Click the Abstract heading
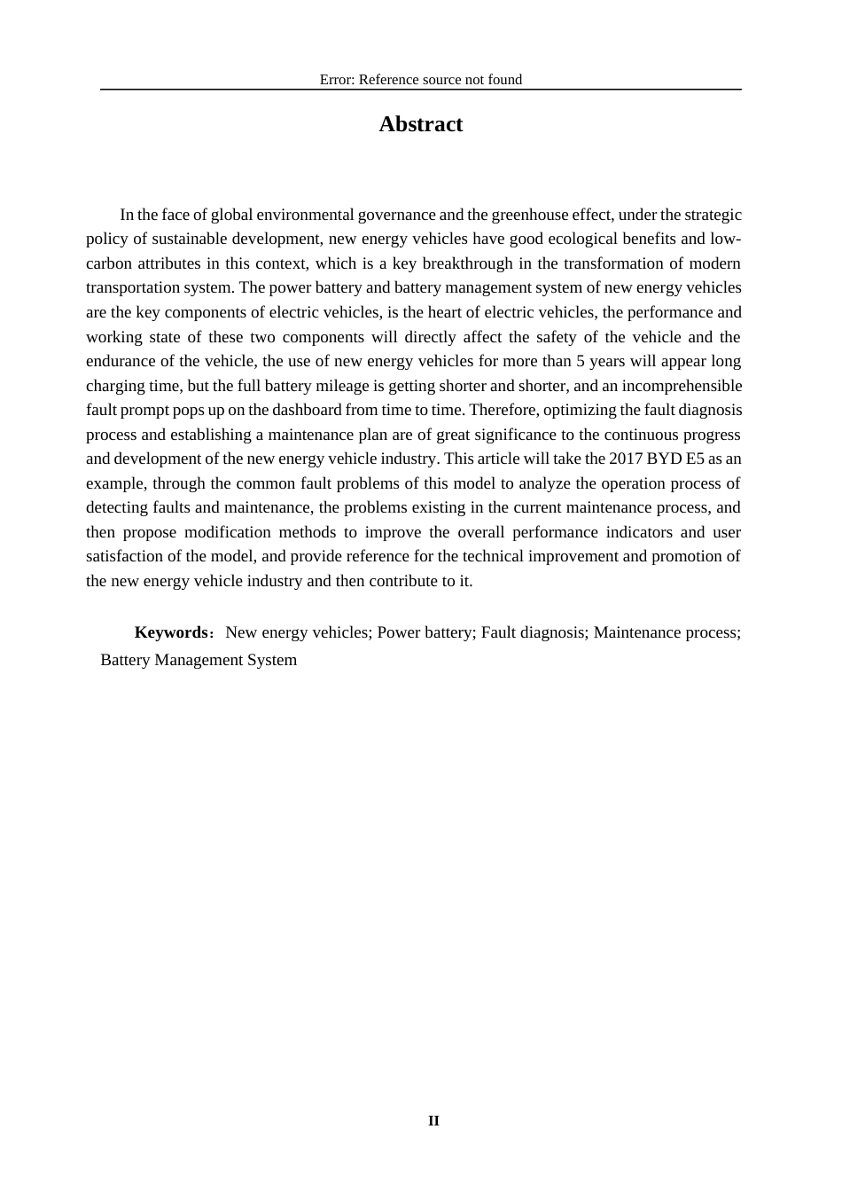coord(420,124)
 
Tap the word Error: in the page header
coord(337,80)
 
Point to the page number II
coord(433,1121)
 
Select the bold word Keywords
coord(170,632)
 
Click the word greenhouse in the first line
coord(529,215)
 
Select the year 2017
coord(627,459)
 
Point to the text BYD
coord(666,459)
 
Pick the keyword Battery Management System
coord(199,660)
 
